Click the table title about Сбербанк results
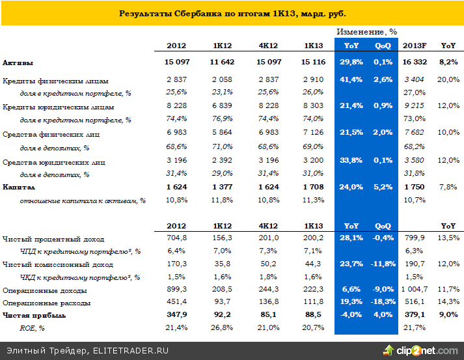(x=232, y=13)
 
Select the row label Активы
(x=18, y=62)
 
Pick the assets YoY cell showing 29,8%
(x=352, y=62)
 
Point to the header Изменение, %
(x=366, y=31)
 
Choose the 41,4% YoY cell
(x=352, y=80)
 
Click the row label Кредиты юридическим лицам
(x=59, y=107)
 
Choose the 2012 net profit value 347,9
(x=176, y=316)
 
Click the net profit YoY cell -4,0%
(x=352, y=316)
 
